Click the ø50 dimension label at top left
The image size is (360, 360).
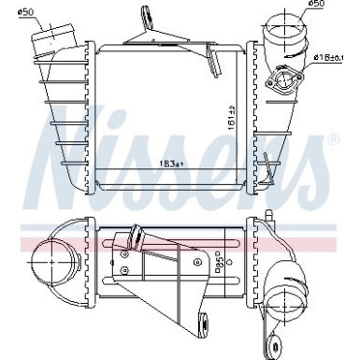[x=27, y=12]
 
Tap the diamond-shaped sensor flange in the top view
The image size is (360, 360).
[x=280, y=84]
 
